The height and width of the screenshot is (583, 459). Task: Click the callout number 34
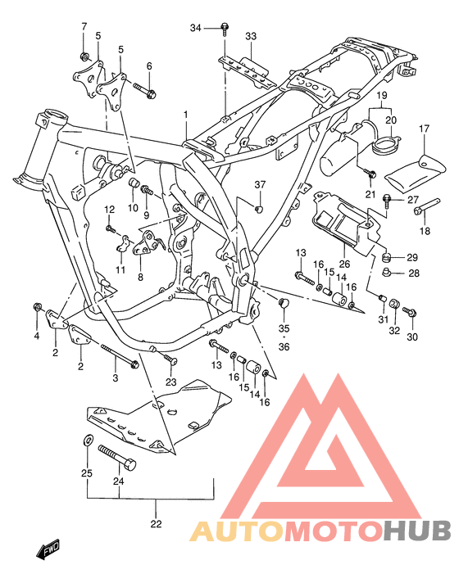(x=195, y=29)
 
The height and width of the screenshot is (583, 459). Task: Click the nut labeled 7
(x=84, y=56)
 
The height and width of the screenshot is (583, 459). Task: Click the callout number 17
(x=425, y=129)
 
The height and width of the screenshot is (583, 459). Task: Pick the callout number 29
(x=412, y=257)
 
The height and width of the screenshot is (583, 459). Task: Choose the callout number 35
(x=284, y=329)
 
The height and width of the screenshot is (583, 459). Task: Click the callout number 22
(x=156, y=524)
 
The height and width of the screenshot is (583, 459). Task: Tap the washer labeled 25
(x=87, y=442)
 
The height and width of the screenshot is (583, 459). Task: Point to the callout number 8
(x=140, y=277)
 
